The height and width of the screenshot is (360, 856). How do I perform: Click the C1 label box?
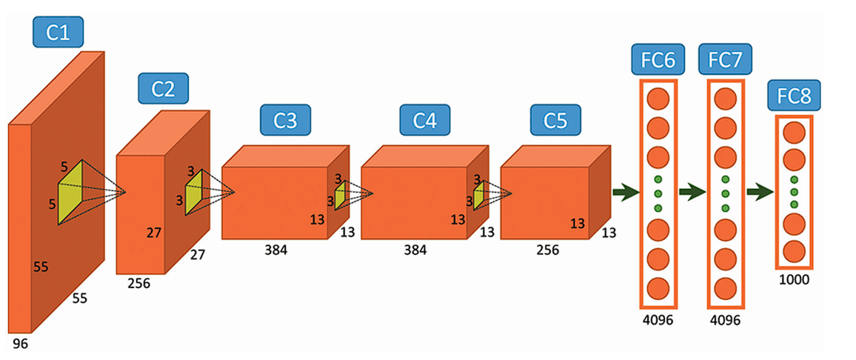click(58, 32)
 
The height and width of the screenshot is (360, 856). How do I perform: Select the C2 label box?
click(163, 88)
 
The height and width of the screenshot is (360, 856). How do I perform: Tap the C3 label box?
click(285, 120)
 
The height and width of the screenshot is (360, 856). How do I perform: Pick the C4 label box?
click(424, 120)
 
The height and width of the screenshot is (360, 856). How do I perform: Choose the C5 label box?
click(555, 120)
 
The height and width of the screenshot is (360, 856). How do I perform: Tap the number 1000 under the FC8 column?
click(793, 279)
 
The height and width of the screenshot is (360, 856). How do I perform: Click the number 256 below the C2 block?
click(138, 283)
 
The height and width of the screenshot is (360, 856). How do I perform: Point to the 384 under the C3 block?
click(275, 250)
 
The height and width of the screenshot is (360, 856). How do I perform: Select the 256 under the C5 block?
click(548, 250)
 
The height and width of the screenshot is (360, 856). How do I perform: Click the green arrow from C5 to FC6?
click(626, 193)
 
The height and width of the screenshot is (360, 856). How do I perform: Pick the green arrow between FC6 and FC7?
click(692, 193)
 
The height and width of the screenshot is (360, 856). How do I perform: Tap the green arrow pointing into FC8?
click(760, 193)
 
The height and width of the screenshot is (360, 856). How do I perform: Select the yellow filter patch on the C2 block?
click(194, 192)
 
